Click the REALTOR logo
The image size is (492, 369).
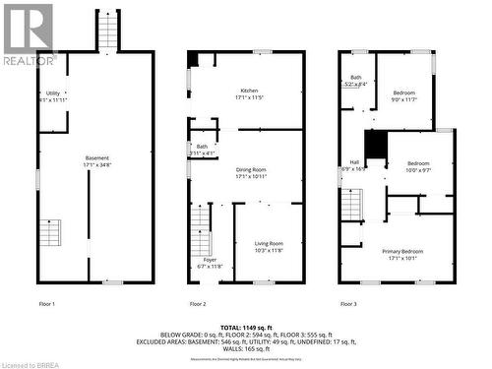pyautogui.click(x=28, y=34)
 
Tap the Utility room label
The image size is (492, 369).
pyautogui.click(x=53, y=96)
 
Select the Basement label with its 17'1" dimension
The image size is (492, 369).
pyautogui.click(x=97, y=161)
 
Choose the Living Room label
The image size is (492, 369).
pyautogui.click(x=269, y=246)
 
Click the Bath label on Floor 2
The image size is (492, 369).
pyautogui.click(x=202, y=150)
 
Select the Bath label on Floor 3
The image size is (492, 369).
pyautogui.click(x=355, y=81)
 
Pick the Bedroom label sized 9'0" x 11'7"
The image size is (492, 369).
pyautogui.click(x=404, y=95)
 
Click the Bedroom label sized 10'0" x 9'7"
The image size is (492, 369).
pyautogui.click(x=419, y=166)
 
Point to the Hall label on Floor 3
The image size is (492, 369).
pyautogui.click(x=352, y=165)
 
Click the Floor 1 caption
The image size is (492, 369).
pyautogui.click(x=45, y=304)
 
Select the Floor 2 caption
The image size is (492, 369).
pyautogui.click(x=197, y=304)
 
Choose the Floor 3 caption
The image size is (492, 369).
pyautogui.click(x=348, y=304)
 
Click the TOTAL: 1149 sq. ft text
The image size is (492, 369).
pyautogui.click(x=246, y=325)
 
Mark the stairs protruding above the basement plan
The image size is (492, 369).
pyautogui.click(x=107, y=31)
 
